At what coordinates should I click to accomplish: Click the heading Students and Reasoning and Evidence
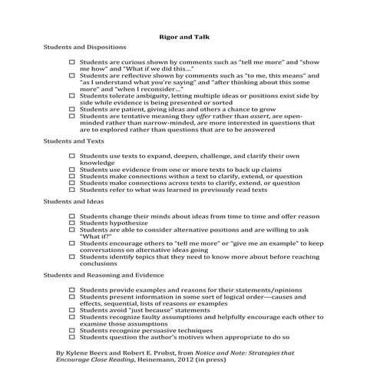click(x=103, y=274)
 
